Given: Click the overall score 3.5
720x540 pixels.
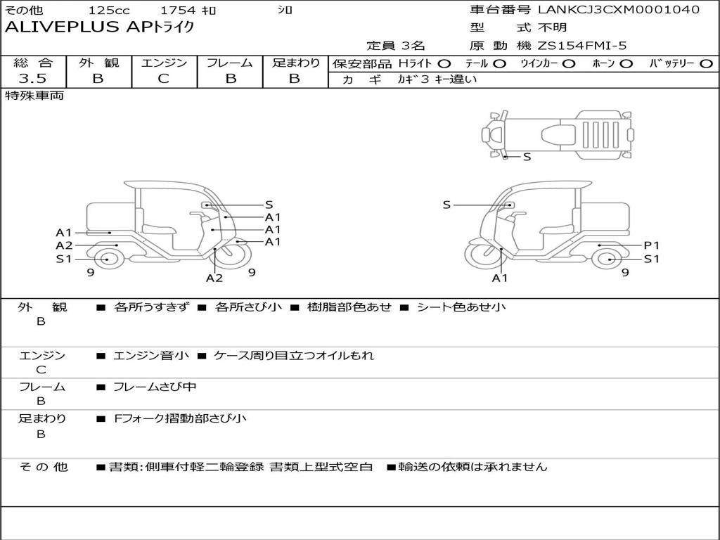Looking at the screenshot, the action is [32, 78].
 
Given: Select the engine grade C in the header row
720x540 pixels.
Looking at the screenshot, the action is [163, 79].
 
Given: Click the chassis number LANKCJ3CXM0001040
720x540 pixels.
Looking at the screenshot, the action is [619, 9].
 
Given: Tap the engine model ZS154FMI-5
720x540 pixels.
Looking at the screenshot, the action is [581, 46].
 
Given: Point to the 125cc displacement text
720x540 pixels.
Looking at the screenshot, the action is [109, 10].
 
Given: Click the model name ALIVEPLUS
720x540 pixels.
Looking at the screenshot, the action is [62, 27].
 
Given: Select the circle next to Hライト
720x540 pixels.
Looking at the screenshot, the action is [444, 64].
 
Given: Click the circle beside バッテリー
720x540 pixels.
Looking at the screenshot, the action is [706, 64].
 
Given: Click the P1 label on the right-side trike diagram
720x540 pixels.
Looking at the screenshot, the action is [652, 245].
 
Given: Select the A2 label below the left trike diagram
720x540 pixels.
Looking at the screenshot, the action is [214, 278].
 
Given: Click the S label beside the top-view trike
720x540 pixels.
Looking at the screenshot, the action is [527, 157].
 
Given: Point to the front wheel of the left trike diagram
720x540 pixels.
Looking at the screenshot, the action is [233, 254].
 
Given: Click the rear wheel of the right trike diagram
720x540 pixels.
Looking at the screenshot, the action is [610, 259].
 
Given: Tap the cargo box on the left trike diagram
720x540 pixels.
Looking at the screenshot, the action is [110, 219].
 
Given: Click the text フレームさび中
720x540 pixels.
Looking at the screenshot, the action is [155, 387].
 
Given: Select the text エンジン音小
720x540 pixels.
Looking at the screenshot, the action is [151, 355].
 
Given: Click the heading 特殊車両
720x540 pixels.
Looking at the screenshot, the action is [34, 96].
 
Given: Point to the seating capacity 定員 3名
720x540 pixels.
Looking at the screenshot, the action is [396, 46].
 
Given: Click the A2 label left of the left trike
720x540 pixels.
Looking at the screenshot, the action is [64, 245].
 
